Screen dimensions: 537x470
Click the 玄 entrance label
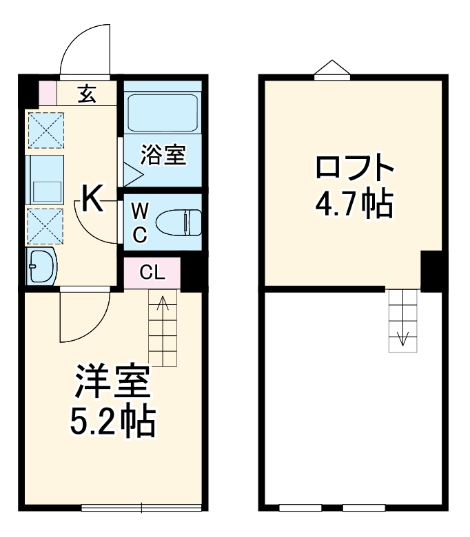coord(88,93)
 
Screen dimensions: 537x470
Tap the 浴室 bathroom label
coord(163,155)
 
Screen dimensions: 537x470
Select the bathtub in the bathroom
coord(163,109)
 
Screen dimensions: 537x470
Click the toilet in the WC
coord(177,222)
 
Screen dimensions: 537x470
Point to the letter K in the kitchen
coord(93,199)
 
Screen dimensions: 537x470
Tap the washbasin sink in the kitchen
coord(42,266)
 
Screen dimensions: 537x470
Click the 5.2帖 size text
coord(112,422)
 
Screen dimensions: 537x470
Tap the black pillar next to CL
coord(191,273)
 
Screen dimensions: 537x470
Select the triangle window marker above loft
coord(332,67)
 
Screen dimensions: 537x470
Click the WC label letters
coord(139,222)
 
